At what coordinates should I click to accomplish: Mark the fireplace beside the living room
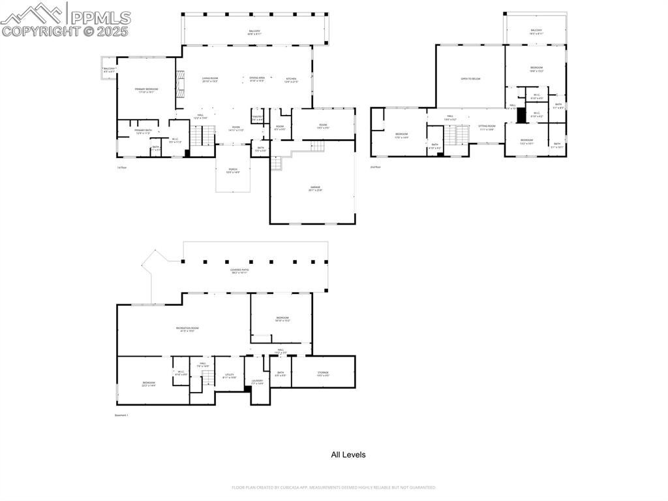pos(180,82)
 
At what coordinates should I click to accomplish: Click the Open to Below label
pos(470,78)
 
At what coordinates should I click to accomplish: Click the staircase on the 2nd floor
pos(457,135)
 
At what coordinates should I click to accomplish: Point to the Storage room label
pos(323,374)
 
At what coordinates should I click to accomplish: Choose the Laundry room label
pos(257,382)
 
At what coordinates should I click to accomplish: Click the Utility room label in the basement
pos(229,376)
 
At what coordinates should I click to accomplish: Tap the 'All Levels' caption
pos(348,455)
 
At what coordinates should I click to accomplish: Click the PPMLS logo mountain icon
pos(33,13)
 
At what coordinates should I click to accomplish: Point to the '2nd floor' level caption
pos(375,167)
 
